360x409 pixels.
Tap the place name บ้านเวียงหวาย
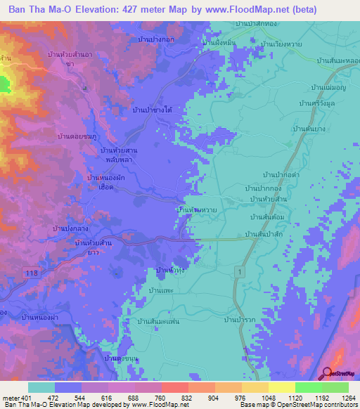coord(285,44)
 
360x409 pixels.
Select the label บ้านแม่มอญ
coord(329,88)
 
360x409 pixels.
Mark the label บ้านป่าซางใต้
coord(153,110)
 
